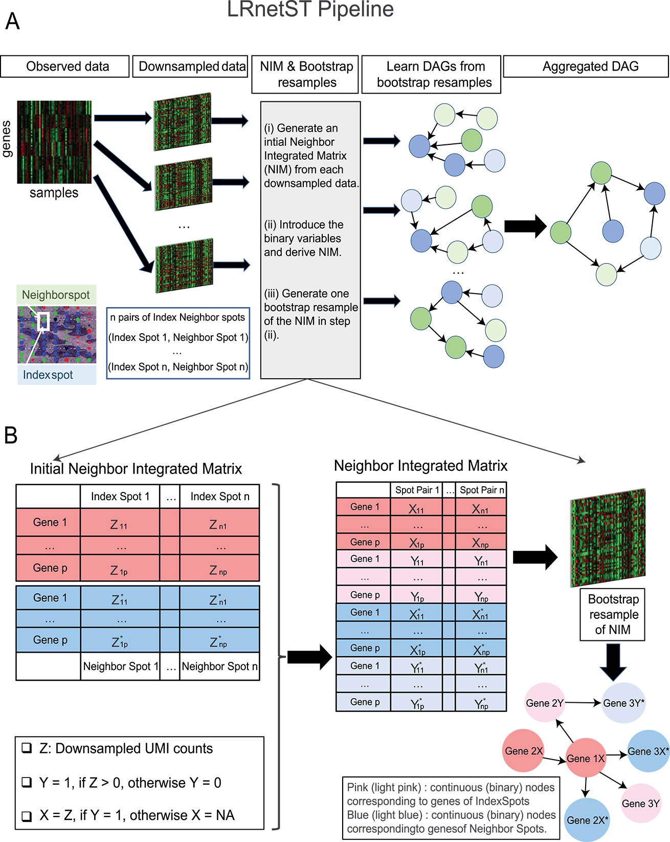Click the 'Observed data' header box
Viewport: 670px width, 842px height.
click(x=64, y=66)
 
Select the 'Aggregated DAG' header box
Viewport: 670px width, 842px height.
click(x=586, y=66)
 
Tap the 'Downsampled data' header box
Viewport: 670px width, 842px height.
click(x=190, y=66)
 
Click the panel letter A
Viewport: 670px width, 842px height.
click(x=12, y=21)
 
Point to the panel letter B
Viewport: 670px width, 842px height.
click(x=11, y=435)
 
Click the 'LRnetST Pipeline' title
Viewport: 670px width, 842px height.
click(x=310, y=9)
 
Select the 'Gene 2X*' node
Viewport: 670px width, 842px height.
click(x=587, y=819)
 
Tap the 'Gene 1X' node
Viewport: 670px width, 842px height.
click(x=586, y=758)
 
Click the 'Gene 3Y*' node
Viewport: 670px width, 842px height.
click(x=623, y=703)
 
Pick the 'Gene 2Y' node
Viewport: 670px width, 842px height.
click(x=545, y=703)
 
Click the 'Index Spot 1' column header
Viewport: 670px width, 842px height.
click(x=120, y=496)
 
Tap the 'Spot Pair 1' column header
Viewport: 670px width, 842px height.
click(x=417, y=490)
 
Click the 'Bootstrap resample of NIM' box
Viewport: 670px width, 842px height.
click(x=612, y=614)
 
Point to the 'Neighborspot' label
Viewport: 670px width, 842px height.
click(x=56, y=295)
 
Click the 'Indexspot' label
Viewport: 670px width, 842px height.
click(x=48, y=375)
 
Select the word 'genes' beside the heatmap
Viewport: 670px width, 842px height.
click(x=7, y=139)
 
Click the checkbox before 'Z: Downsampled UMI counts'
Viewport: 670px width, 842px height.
click(x=27, y=748)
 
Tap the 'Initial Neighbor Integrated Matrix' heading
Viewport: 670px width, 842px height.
click(x=136, y=468)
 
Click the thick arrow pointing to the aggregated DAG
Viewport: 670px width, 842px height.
click(x=525, y=226)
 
